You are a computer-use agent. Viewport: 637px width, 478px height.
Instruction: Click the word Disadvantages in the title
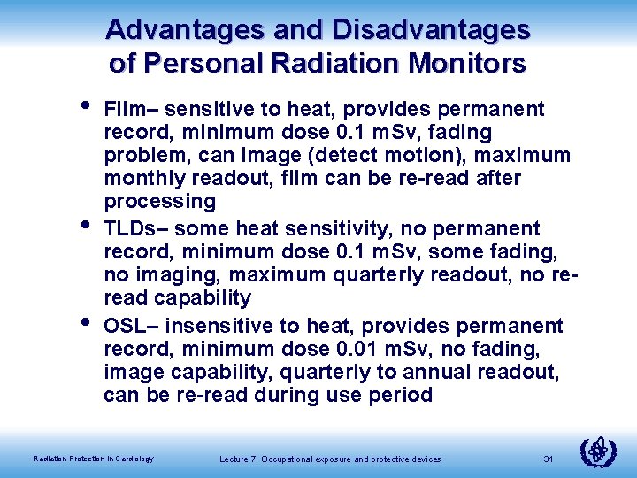(x=431, y=30)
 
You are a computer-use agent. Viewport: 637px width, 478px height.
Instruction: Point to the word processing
(x=159, y=201)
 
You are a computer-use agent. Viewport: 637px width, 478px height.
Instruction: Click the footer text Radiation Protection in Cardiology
(x=93, y=459)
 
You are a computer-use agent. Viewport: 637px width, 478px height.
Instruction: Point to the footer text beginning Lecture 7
(x=328, y=459)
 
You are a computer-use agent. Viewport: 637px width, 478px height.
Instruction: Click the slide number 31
(x=549, y=459)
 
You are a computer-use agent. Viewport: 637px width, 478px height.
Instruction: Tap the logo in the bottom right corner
(x=599, y=451)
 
